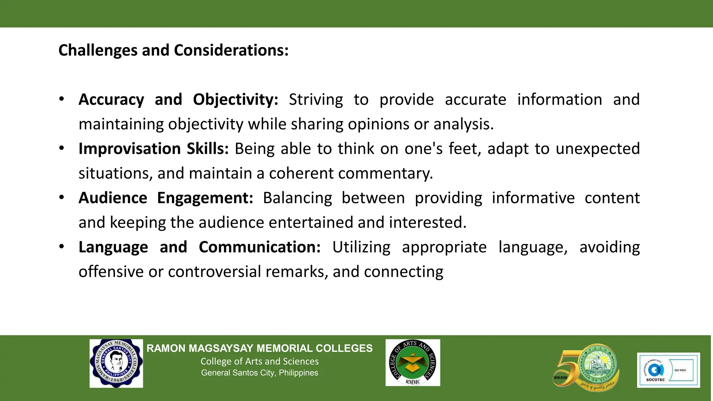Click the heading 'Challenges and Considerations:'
click(x=173, y=50)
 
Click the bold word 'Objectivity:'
click(x=235, y=100)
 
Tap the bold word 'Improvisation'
click(x=130, y=149)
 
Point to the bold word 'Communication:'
click(x=259, y=247)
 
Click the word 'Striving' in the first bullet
click(x=316, y=100)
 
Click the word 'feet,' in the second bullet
click(x=465, y=149)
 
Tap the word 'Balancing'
click(x=297, y=198)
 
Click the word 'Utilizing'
click(x=361, y=247)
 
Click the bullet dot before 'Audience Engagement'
click(x=62, y=197)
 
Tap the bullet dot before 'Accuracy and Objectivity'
click(x=62, y=99)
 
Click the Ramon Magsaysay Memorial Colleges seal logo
click(x=116, y=363)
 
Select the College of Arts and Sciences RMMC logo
click(x=413, y=363)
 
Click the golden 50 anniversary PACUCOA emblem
click(x=586, y=368)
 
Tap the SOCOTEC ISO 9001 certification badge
click(x=668, y=370)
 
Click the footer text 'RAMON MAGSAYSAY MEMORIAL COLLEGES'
click(x=259, y=348)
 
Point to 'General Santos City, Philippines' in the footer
click(x=259, y=373)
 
